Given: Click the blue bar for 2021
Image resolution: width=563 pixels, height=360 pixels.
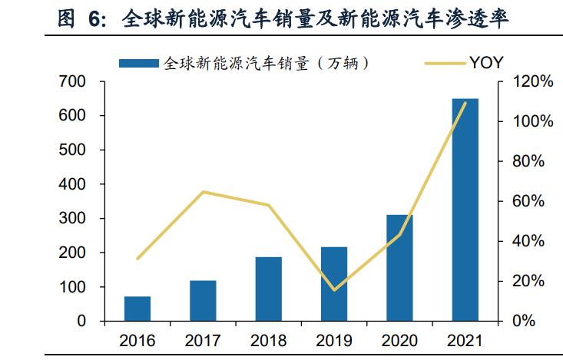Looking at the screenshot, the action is [465, 210].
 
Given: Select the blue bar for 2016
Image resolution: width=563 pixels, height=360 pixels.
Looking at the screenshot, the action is [137, 309].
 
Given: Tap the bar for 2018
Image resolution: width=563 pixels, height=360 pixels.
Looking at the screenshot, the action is [269, 289].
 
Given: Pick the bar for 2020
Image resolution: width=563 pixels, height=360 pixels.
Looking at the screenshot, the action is [399, 268].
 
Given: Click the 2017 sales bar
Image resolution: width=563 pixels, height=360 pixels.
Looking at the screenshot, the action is [203, 301].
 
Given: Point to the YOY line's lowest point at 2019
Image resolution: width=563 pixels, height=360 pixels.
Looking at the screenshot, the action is [334, 289].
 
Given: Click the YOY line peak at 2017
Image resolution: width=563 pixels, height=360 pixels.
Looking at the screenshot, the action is [203, 192].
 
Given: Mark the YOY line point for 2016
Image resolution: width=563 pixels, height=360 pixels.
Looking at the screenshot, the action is [137, 259].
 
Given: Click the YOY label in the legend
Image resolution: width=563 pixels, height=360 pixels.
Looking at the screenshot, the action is [486, 63].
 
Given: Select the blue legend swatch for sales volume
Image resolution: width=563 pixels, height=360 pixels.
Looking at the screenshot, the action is [139, 64].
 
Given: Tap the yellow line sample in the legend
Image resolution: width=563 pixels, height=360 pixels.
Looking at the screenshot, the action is [445, 64].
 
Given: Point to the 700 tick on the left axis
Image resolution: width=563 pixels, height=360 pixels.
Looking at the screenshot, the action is [72, 81].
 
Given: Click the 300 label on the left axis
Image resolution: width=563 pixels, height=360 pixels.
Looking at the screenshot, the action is [72, 218].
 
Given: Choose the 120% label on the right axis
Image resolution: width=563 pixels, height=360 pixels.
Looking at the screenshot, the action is [532, 81].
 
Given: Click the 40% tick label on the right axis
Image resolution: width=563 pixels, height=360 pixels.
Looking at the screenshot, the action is [528, 241].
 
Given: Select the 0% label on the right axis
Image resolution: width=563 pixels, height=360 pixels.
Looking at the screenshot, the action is [524, 321].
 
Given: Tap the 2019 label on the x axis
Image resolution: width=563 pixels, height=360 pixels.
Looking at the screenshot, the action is [334, 341].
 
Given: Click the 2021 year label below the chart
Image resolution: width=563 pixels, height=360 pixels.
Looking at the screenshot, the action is [465, 341].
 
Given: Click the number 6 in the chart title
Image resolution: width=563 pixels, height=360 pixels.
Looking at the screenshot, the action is [94, 18].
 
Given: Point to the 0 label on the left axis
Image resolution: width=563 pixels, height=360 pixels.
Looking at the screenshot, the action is [81, 321].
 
